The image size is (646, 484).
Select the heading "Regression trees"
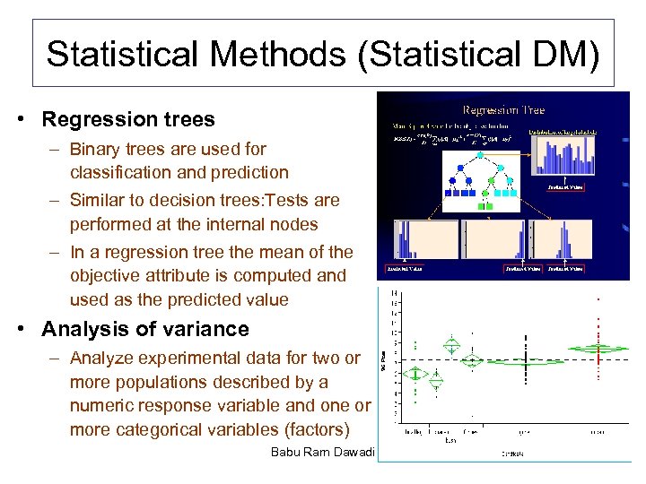pyautogui.click(x=128, y=119)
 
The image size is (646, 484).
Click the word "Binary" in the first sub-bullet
pyautogui.click(x=94, y=149)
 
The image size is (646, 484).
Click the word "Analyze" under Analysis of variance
pyautogui.click(x=101, y=358)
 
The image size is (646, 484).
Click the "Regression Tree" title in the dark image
pyautogui.click(x=502, y=110)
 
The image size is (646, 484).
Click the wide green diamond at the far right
pyautogui.click(x=598, y=348)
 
